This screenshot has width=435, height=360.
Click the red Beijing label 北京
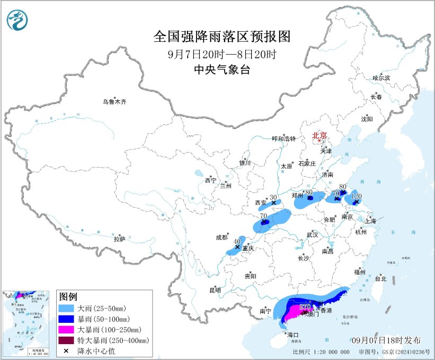click(x=320, y=136)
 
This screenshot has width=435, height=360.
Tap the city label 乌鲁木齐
click(x=115, y=102)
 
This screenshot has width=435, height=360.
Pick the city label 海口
click(x=292, y=335)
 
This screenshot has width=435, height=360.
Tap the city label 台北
click(x=380, y=278)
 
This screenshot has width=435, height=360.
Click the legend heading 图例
click(x=68, y=296)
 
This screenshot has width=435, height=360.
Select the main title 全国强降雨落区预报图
click(x=222, y=36)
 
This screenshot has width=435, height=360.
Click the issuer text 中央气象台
click(x=222, y=68)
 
